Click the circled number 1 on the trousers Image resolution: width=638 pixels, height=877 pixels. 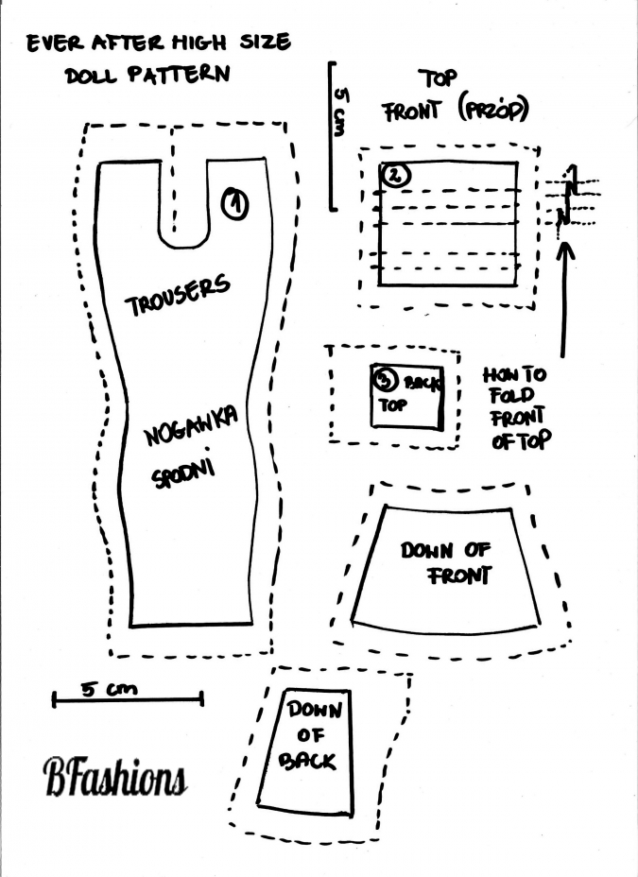point(234,202)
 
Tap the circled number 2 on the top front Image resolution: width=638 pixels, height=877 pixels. point(395,175)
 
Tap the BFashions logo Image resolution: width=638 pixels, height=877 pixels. point(113,777)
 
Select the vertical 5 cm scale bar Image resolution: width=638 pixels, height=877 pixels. point(332,135)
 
